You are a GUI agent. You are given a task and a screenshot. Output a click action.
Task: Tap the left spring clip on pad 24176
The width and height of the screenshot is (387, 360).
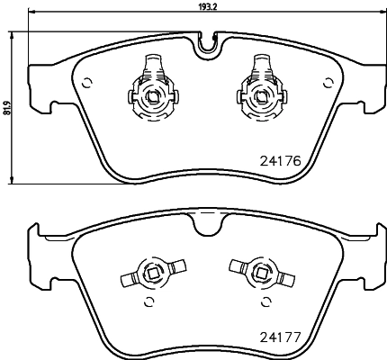pos(150,87)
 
